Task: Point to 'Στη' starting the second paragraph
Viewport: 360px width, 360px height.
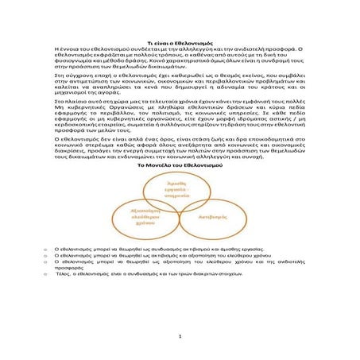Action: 55,75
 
